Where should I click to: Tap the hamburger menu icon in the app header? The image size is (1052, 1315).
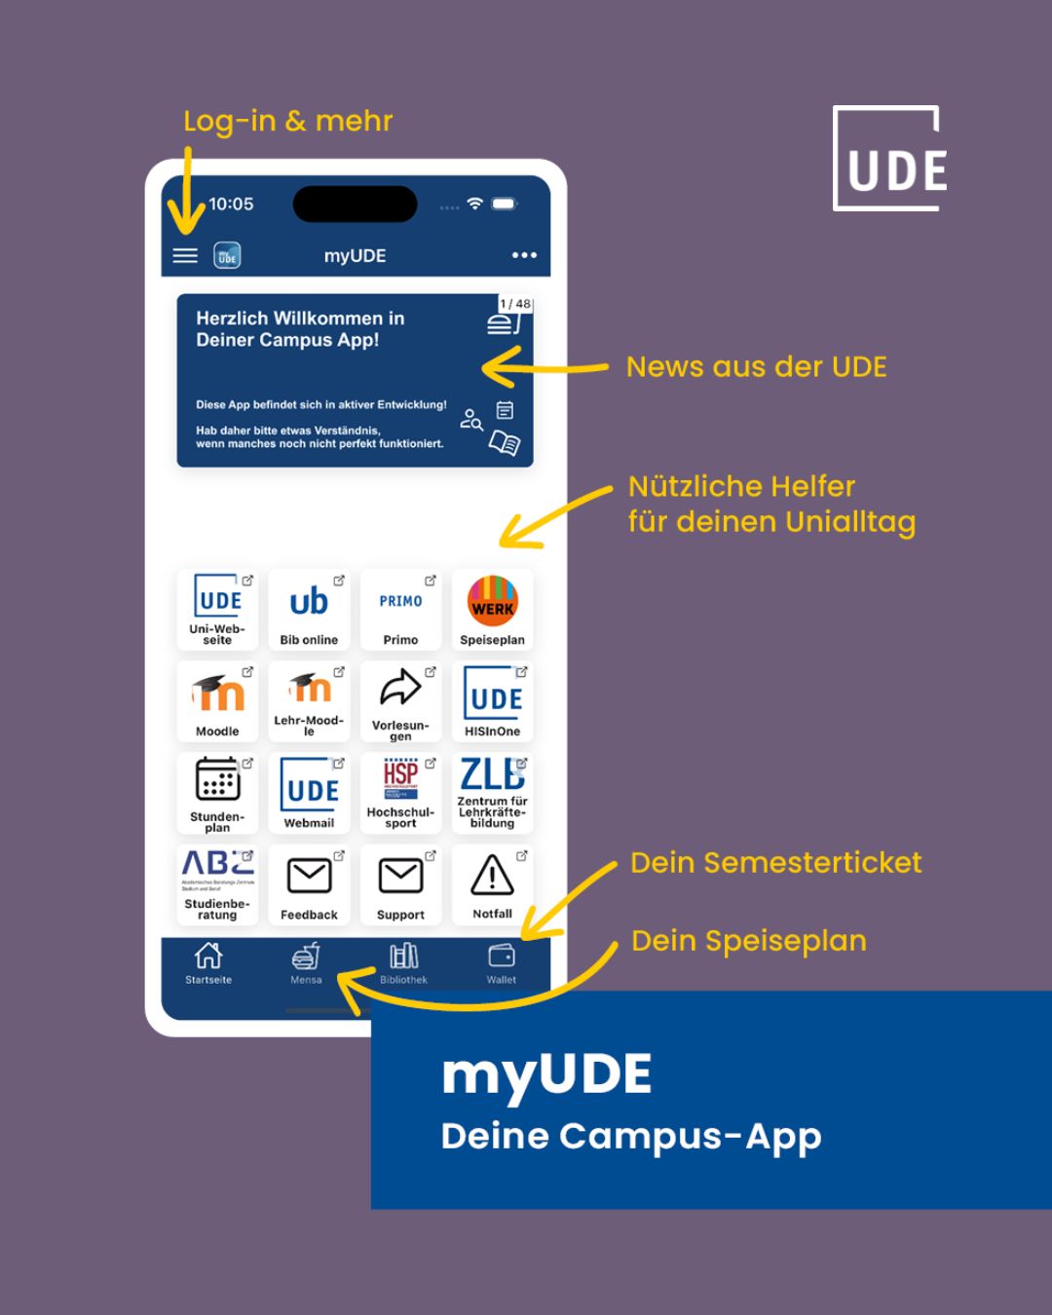pos(185,255)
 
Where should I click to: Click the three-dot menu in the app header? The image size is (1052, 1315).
pos(524,255)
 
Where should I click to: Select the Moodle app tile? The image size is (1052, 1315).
pos(217,701)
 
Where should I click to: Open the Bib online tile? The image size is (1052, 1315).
pos(309,610)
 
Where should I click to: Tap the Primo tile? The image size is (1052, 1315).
pos(400,610)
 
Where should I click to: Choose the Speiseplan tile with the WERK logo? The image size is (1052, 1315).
pos(492,610)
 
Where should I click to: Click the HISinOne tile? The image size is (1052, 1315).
pos(492,701)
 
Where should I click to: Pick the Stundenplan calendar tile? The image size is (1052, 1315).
pos(217,793)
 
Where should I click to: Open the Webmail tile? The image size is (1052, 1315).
pos(309,793)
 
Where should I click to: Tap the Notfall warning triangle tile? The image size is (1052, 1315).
pos(492,884)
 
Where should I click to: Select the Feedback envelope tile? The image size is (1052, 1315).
pos(309,884)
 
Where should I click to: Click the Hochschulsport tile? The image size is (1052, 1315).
pos(400,793)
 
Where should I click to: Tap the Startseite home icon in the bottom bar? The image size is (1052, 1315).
pos(208,962)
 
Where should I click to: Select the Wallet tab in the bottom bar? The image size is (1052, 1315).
pos(502,962)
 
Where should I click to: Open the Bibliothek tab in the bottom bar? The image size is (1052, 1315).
pos(403,962)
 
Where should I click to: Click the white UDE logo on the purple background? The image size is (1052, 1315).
pos(890,159)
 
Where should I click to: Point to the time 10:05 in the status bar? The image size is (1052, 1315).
pos(231,204)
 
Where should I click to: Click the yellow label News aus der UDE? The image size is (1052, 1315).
pos(756,367)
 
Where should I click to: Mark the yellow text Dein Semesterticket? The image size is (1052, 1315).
pos(775,863)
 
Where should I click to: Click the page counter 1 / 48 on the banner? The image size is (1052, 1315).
pos(515,304)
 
